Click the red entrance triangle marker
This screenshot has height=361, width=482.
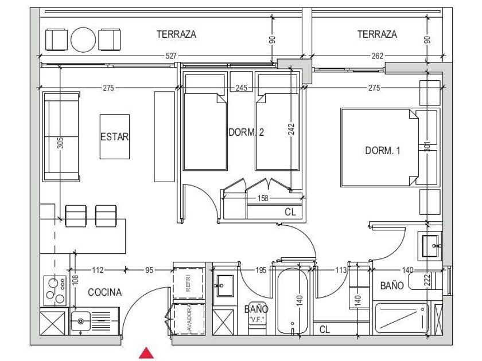click(x=146, y=353)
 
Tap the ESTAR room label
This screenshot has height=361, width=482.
click(x=114, y=136)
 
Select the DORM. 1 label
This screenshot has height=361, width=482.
click(x=383, y=150)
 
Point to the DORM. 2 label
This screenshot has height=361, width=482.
click(x=246, y=132)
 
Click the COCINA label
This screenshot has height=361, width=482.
click(x=105, y=292)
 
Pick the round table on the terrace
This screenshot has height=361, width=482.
click(x=83, y=40)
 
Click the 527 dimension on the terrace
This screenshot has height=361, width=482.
click(x=171, y=56)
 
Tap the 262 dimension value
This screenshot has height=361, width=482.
click(x=378, y=56)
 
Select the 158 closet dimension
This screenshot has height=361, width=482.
click(x=263, y=198)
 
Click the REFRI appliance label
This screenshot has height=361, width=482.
click(x=188, y=282)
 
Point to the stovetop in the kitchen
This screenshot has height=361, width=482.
click(x=55, y=291)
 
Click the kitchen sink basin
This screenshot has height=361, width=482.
click(x=80, y=321)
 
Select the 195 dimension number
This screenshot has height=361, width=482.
click(x=261, y=270)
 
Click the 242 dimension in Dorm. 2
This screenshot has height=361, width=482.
click(x=291, y=129)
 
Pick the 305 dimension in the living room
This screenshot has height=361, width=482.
click(x=61, y=143)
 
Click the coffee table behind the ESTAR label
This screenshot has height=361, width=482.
click(x=115, y=136)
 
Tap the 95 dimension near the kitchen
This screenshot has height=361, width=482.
click(x=149, y=270)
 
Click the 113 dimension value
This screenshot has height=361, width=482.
click(x=341, y=270)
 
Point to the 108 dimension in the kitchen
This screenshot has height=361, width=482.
click(x=76, y=280)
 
